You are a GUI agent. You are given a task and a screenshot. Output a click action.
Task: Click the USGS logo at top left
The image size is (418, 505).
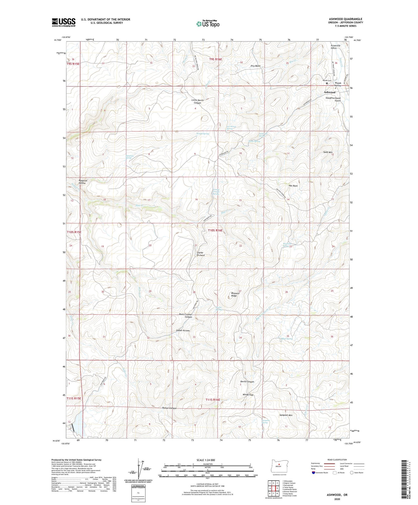pyautogui.click(x=64, y=22)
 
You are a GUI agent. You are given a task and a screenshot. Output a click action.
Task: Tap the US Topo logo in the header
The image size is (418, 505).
pyautogui.click(x=208, y=24)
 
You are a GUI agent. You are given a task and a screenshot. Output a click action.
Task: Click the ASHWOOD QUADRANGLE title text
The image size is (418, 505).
pyautogui.click(x=346, y=19)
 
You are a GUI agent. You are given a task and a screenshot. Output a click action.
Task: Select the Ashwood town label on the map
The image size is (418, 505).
pyautogui.click(x=329, y=92)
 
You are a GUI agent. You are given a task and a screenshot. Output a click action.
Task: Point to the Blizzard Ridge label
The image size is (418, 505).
pyautogui.click(x=234, y=294)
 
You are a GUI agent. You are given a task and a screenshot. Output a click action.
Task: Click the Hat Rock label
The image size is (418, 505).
pyautogui.click(x=293, y=186)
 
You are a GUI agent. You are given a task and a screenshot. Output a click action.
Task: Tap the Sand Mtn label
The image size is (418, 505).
pyautogui.click(x=328, y=152)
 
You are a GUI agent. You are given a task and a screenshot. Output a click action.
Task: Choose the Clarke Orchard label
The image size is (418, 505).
pyautogui.click(x=201, y=254)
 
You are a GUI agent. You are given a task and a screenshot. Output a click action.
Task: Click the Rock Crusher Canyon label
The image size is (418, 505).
pyautogui.click(x=186, y=316)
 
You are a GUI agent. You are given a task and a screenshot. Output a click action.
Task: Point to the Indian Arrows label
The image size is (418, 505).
pyautogui.click(x=183, y=331)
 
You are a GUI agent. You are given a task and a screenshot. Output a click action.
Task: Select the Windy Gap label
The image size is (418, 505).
pyautogui.click(x=248, y=395)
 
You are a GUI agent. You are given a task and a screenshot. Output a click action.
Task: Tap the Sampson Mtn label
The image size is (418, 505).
pyautogui.click(x=286, y=415)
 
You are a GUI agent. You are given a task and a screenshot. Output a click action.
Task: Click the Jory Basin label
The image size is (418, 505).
pyautogui.click(x=255, y=66)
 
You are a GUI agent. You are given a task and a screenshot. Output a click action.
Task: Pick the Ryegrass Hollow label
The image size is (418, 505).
pyautogui.click(x=83, y=182)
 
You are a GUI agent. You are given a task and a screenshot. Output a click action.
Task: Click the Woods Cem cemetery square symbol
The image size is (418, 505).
pyautogui.click(x=327, y=83)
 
